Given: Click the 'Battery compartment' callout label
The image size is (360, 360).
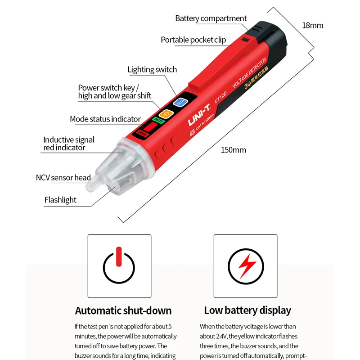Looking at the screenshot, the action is [211, 18].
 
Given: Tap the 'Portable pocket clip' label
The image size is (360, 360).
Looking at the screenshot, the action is [193, 40].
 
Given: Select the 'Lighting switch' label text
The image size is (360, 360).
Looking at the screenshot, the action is [152, 69].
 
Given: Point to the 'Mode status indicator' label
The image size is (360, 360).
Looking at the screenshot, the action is [105, 119].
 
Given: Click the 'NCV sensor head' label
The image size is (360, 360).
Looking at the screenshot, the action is [63, 178].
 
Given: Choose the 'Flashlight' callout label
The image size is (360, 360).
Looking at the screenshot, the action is [60, 200].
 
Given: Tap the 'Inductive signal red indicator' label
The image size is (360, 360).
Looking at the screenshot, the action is [69, 144].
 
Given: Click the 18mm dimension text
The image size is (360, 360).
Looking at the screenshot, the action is [312, 25].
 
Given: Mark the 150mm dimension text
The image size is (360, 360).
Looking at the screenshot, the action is [233, 150].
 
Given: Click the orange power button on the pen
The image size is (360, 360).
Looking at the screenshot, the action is [166, 115].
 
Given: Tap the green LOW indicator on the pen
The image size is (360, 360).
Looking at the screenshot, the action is [157, 120].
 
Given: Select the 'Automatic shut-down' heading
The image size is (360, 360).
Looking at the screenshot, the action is [123, 310].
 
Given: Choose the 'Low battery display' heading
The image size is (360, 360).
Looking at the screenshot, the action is [247, 310].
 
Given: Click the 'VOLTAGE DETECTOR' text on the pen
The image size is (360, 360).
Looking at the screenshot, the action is [250, 72].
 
